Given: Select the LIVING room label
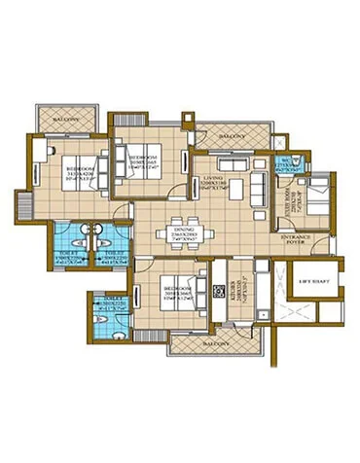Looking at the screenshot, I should pyautogui.click(x=213, y=180).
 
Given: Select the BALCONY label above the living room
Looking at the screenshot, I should pyautogui.click(x=229, y=137).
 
